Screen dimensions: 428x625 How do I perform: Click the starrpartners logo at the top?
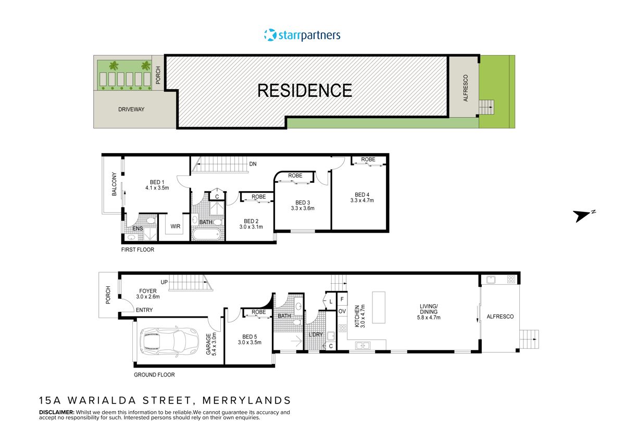[x=302, y=35]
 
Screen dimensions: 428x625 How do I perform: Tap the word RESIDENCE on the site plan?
[x=305, y=91]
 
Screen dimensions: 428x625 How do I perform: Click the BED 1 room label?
[x=156, y=182]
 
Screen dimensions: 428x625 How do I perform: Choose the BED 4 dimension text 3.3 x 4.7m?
[x=362, y=200]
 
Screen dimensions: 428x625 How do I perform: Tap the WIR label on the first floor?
[x=175, y=226]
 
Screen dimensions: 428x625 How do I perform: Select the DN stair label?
[x=253, y=164]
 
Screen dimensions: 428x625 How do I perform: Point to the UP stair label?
[x=164, y=282]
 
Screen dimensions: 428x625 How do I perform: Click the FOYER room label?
[x=147, y=291]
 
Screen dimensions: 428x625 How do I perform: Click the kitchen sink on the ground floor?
[x=362, y=345]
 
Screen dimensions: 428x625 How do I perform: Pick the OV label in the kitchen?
[x=342, y=311]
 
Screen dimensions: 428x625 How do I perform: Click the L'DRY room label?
[x=316, y=334]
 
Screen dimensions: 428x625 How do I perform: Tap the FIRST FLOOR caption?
[x=137, y=249]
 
